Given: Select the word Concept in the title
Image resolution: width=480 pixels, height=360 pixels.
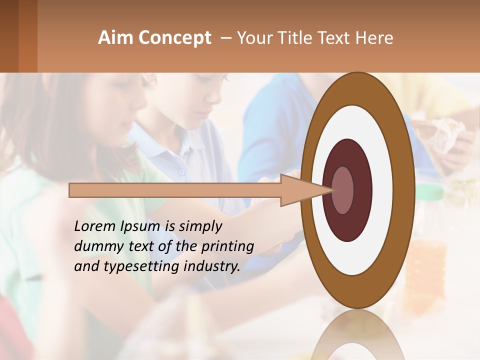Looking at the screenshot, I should coord(174,38).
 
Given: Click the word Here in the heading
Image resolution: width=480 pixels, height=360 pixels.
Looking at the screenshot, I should coord(374,38).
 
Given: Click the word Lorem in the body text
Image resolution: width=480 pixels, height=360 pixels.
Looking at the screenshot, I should coord(94,226).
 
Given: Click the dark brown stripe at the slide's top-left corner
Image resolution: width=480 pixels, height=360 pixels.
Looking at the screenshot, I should coord(9,35).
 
